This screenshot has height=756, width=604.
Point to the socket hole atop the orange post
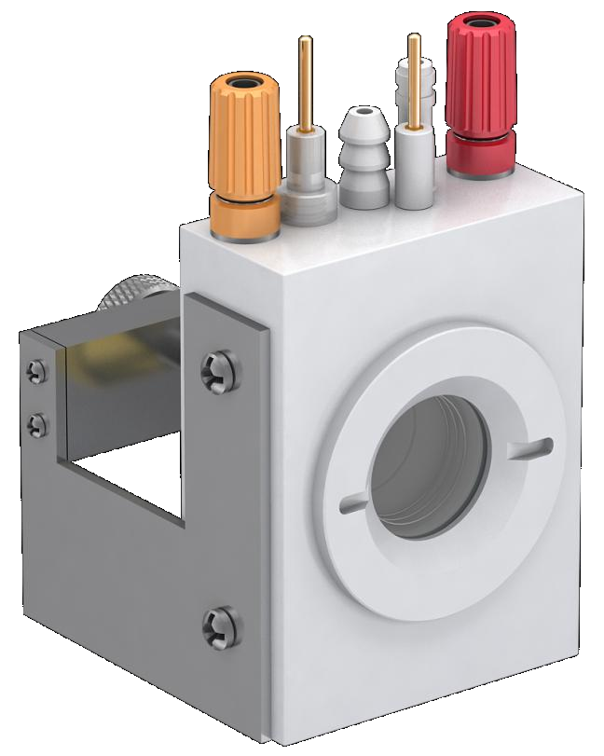[x=244, y=85]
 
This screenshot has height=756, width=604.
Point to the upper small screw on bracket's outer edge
[x=36, y=370]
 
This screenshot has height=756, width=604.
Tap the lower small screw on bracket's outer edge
[x=37, y=426]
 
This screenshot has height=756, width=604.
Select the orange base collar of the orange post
[x=246, y=213]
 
